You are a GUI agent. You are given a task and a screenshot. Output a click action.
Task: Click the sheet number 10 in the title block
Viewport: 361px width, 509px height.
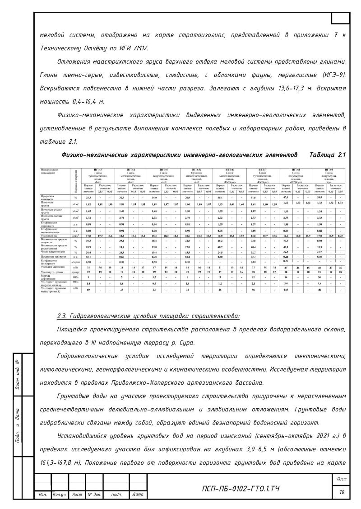click(342, 492)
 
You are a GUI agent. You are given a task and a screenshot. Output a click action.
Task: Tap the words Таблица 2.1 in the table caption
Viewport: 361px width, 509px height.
click(328, 155)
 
